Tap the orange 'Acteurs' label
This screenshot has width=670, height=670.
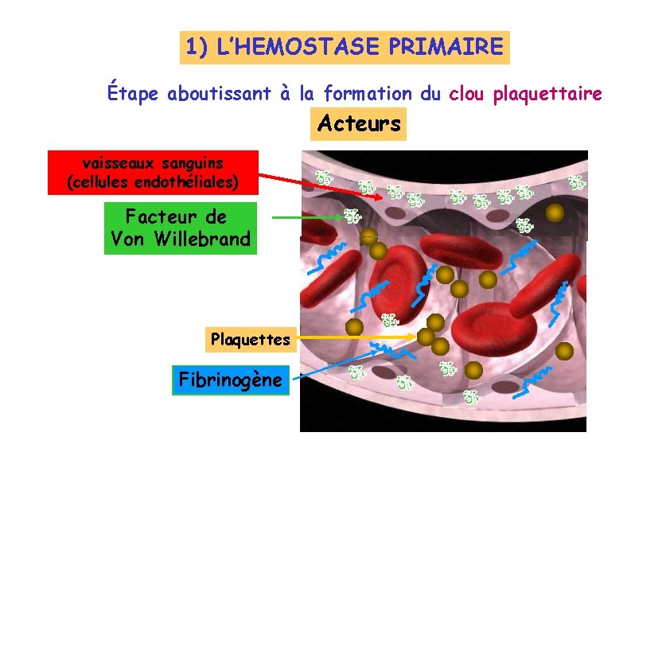[x=359, y=123]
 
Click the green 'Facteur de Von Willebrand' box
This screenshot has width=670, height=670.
[x=181, y=228]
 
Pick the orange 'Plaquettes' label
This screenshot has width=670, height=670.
[x=251, y=340]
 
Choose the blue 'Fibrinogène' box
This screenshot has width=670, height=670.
[x=230, y=380]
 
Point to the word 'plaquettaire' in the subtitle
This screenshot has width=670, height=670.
[x=547, y=94]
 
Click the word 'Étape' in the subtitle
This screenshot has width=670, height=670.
[x=134, y=94]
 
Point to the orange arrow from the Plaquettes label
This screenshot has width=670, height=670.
[x=354, y=338]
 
